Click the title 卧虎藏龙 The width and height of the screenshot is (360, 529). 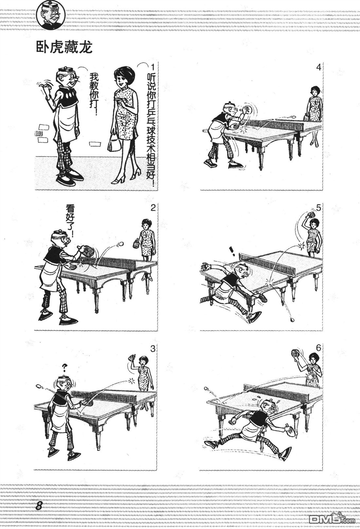click(64, 48)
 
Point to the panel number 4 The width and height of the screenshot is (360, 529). click(318, 67)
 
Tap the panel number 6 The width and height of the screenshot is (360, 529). click(318, 348)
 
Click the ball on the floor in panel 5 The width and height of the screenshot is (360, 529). click(292, 320)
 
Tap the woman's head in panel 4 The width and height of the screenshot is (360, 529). click(315, 91)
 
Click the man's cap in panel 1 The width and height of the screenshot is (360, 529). click(65, 70)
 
